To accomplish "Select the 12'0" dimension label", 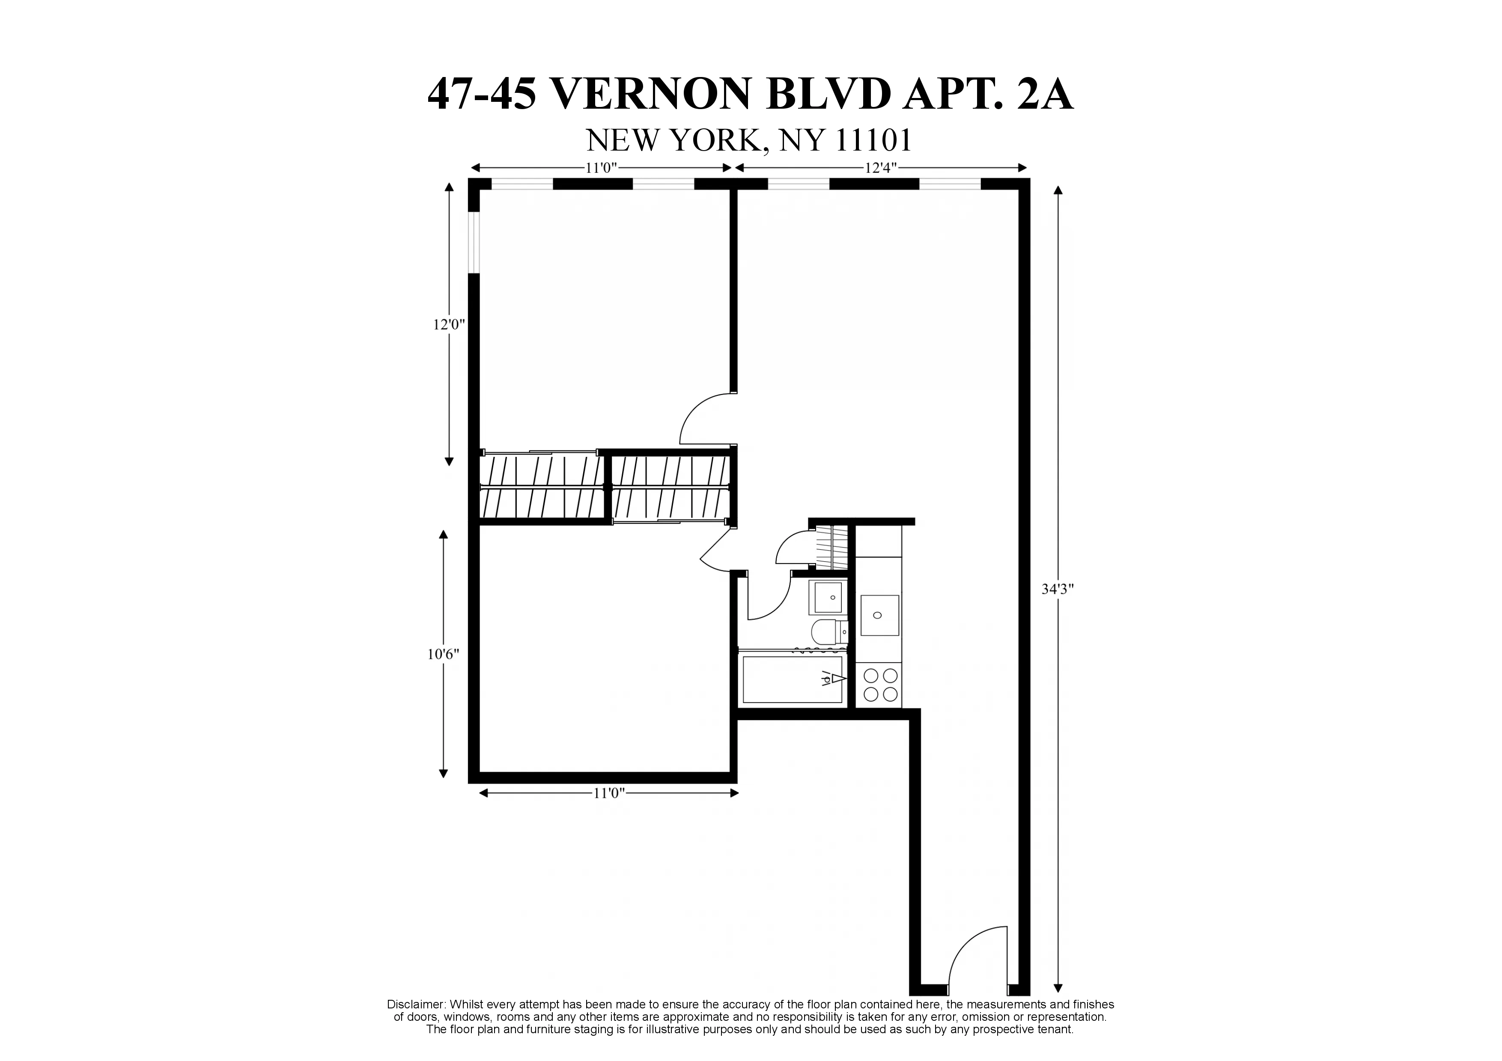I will tap(449, 324).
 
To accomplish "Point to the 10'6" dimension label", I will tap(444, 655).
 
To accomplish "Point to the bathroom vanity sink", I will tap(828, 597).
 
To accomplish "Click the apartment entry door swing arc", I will tap(975, 959).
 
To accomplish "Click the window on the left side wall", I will tap(474, 242).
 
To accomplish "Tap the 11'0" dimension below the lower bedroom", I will tap(609, 793).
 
